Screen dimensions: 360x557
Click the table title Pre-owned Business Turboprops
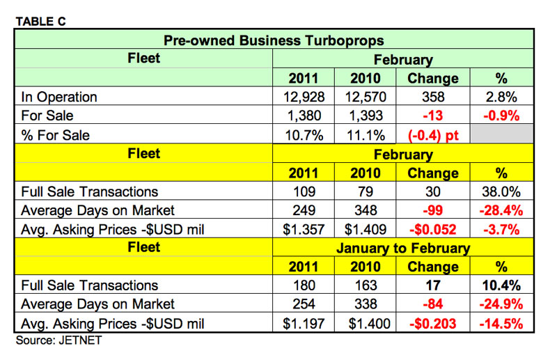[x=273, y=40]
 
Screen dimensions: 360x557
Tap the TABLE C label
[x=40, y=21]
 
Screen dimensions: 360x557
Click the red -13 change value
[x=432, y=116]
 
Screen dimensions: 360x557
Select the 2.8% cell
[x=502, y=97]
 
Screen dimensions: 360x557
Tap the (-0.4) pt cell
[x=432, y=135]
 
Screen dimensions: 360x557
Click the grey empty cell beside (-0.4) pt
[x=502, y=135]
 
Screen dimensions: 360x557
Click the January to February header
[x=403, y=248]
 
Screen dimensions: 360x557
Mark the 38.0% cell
[x=502, y=191]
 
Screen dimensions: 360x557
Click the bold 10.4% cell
[x=502, y=285]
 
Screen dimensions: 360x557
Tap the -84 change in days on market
[x=432, y=304]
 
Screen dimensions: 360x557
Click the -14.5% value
[x=502, y=323]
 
